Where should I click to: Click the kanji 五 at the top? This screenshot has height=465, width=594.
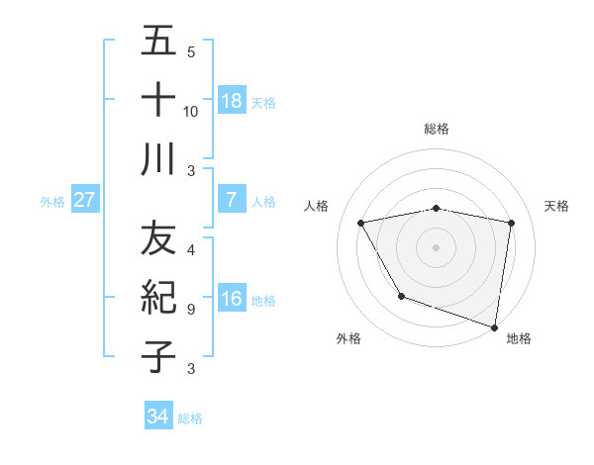click(x=158, y=42)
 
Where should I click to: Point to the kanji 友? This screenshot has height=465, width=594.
click(x=158, y=238)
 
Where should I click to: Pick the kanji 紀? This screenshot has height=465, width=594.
click(x=158, y=297)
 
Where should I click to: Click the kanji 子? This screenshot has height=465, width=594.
click(x=158, y=356)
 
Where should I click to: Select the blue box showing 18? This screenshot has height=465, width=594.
click(x=232, y=100)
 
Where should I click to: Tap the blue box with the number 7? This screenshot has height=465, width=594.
click(x=232, y=199)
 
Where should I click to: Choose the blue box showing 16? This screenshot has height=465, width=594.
click(x=232, y=299)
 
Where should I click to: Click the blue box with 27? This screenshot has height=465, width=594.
click(x=85, y=199)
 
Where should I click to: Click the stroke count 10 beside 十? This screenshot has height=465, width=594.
click(x=191, y=111)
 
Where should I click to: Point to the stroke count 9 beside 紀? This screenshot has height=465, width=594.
click(x=191, y=309)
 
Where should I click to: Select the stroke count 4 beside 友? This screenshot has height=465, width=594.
click(x=191, y=250)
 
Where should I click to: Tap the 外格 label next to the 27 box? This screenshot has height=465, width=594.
click(x=52, y=201)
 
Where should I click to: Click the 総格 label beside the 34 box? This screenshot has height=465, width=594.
click(x=190, y=418)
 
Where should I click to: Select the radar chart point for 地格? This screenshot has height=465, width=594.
click(x=494, y=325)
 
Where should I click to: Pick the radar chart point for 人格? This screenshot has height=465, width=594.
click(x=361, y=224)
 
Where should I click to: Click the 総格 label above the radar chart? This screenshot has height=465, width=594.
click(x=437, y=129)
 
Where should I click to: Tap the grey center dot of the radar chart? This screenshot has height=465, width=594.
click(x=437, y=246)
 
